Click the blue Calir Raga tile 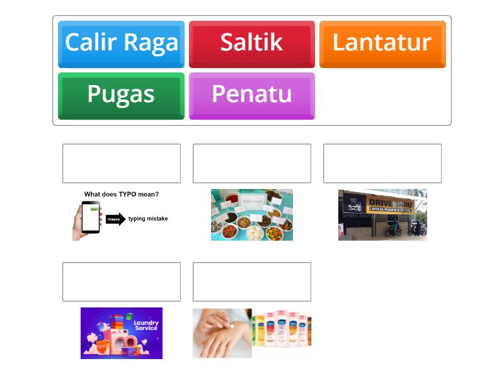coord(121,43)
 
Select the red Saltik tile coord(251,43)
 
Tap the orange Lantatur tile coord(382,43)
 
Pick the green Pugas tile coord(121,95)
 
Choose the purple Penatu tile coord(251,95)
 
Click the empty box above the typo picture coord(122,163)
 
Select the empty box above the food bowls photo coord(252,163)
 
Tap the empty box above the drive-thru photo coord(382,163)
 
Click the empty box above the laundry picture coord(122,282)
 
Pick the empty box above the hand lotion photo coord(252,282)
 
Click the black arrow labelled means coord(115,219)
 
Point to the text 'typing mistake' coord(148,219)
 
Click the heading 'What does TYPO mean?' coord(122,194)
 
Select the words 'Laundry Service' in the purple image coord(146,325)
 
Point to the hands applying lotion coord(221,333)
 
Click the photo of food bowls coord(252,215)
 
